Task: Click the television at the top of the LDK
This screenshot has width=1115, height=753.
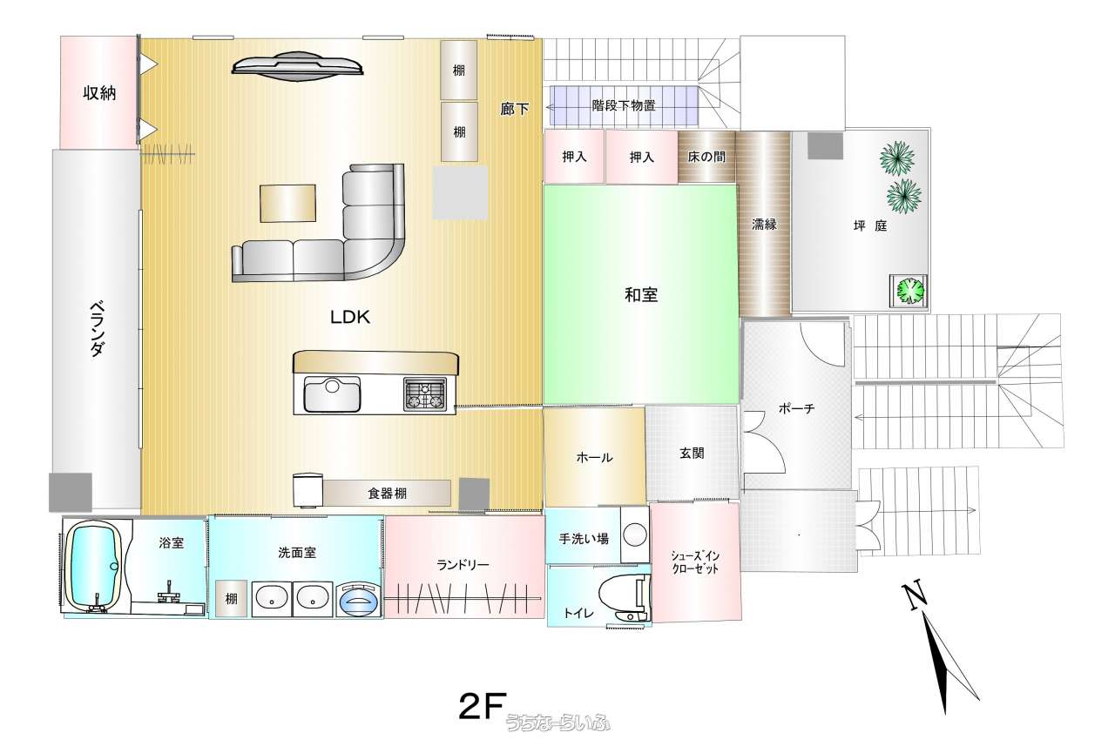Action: (x=298, y=65)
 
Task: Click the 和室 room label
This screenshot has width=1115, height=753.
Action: (x=641, y=295)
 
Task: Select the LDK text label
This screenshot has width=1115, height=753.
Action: (x=350, y=317)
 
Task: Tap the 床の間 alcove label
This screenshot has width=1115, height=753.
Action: (x=706, y=158)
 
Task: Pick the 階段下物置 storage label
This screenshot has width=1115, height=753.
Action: (x=623, y=105)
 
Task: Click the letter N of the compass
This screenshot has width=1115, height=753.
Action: (x=915, y=595)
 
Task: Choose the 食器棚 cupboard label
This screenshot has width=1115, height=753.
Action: (x=388, y=494)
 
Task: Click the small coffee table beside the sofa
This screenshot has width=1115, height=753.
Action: (x=287, y=204)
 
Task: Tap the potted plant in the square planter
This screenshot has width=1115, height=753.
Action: (x=909, y=291)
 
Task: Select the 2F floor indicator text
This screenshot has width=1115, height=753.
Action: (x=483, y=706)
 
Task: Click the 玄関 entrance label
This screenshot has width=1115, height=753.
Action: (x=692, y=453)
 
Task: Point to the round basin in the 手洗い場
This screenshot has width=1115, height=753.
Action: (x=635, y=535)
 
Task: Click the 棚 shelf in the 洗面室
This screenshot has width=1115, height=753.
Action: (x=231, y=599)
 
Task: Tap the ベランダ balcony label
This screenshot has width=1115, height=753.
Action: (x=97, y=328)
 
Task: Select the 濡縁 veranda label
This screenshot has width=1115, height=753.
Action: (x=764, y=225)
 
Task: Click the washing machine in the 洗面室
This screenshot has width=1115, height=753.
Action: (x=359, y=599)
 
